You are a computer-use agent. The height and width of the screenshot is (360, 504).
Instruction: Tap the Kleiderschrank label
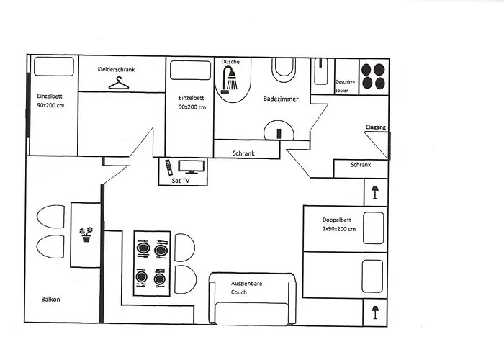(117, 69)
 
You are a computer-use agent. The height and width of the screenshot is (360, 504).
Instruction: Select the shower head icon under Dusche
(231, 80)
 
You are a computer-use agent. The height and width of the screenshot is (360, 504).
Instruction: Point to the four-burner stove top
(373, 76)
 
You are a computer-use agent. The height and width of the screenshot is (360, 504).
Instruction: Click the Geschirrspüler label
(346, 86)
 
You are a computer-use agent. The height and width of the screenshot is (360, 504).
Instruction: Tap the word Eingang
(376, 127)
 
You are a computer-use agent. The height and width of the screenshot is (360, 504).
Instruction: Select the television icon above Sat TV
(192, 166)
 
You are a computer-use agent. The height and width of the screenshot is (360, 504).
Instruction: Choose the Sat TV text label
(181, 181)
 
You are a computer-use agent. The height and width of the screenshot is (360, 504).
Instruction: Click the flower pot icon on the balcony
(86, 235)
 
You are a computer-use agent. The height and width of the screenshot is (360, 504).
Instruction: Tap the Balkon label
(50, 299)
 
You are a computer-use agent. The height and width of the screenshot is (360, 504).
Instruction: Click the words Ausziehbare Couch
(247, 288)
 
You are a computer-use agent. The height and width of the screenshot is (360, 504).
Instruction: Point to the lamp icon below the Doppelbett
(374, 311)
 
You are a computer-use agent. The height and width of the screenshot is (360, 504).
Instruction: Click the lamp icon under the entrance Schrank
(374, 192)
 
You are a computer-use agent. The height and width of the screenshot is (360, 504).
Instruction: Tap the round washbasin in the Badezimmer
(279, 132)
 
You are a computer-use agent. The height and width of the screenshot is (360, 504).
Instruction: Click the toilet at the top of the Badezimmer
(283, 70)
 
